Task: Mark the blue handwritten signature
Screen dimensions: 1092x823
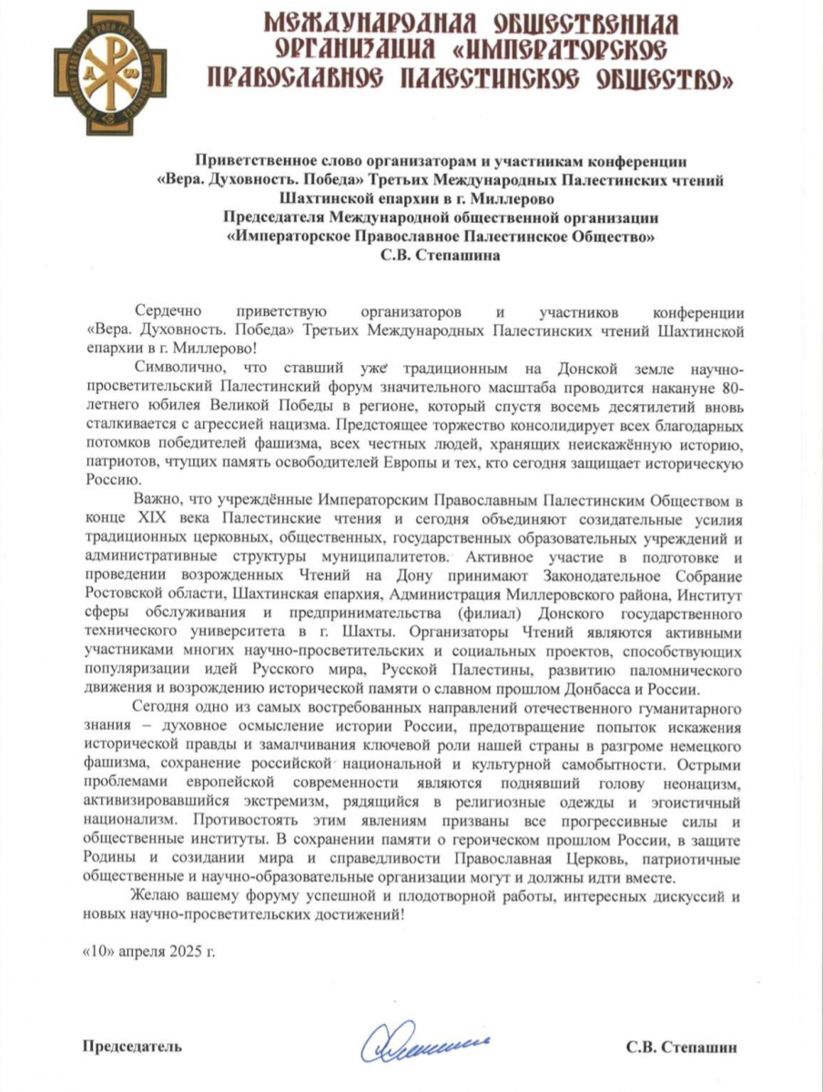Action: pos(420,1045)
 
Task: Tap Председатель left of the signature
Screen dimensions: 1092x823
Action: pos(133,1046)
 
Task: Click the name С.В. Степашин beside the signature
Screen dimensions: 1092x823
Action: pos(681,1046)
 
